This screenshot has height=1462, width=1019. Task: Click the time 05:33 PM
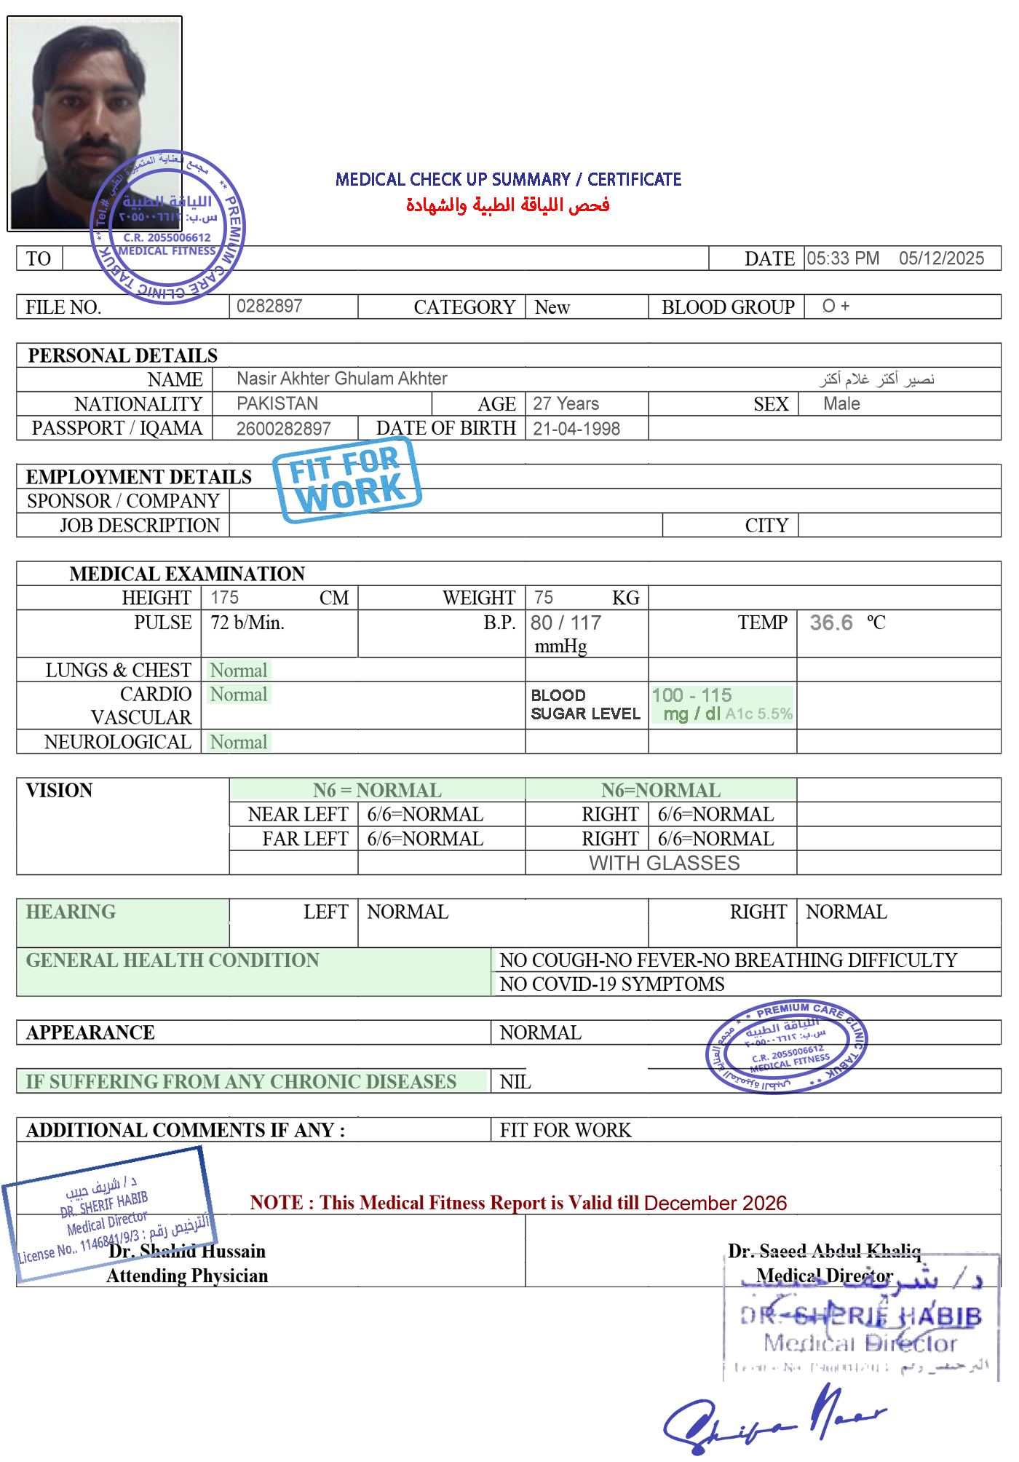pos(843,258)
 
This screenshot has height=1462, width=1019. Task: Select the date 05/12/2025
pos(941,258)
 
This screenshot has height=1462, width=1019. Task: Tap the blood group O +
pos(836,307)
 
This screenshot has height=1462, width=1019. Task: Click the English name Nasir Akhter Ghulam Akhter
pos(342,379)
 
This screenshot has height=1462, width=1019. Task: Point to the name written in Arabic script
pos(876,379)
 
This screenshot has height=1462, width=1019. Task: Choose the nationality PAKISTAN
pos(277,403)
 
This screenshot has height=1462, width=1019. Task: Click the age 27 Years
pos(566,403)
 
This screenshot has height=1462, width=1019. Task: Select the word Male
pos(841,403)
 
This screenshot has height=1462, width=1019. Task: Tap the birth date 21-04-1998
pos(576,429)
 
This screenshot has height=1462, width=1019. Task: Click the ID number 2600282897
pos(283,429)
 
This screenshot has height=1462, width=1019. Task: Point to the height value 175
pos(224,598)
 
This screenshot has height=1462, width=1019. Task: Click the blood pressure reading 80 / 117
pos(566,623)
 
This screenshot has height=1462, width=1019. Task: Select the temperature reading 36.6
pos(831,623)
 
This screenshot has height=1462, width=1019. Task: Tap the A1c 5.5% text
pos(758,714)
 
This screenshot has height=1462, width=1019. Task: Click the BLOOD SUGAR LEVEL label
pos(585,705)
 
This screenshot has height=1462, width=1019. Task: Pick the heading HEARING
pos(71,912)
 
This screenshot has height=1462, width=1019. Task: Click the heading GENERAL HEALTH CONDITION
pos(173,960)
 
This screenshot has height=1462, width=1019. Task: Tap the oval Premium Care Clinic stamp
pos(786,1046)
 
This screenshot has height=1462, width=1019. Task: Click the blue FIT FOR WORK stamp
pos(347,478)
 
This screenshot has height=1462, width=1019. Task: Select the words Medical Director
pos(824,1276)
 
